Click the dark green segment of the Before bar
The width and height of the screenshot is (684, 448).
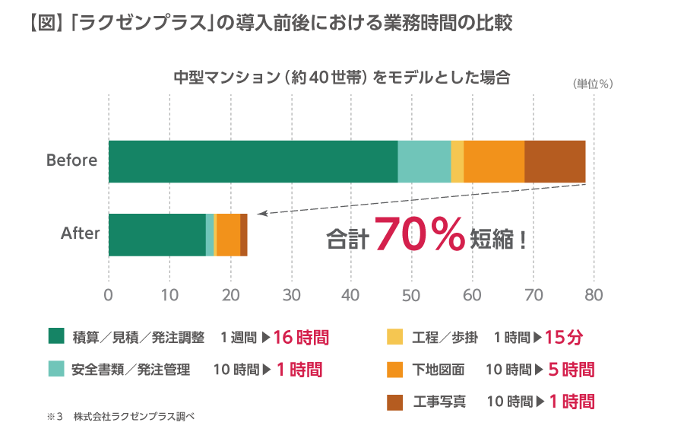[253, 161]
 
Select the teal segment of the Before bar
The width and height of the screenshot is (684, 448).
[424, 161]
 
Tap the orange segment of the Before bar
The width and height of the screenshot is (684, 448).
[494, 161]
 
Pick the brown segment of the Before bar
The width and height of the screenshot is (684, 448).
[555, 161]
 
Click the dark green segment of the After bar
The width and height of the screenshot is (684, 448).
[157, 235]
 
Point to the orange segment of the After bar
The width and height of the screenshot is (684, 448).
[229, 235]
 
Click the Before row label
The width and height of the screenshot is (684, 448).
[72, 160]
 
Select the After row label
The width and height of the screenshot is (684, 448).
[81, 234]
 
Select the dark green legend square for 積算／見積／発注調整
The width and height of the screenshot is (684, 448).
[55, 336]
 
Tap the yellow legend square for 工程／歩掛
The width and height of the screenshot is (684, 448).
[394, 336]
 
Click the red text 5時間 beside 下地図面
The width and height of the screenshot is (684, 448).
[571, 370]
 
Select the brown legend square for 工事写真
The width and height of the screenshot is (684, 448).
[394, 401]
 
